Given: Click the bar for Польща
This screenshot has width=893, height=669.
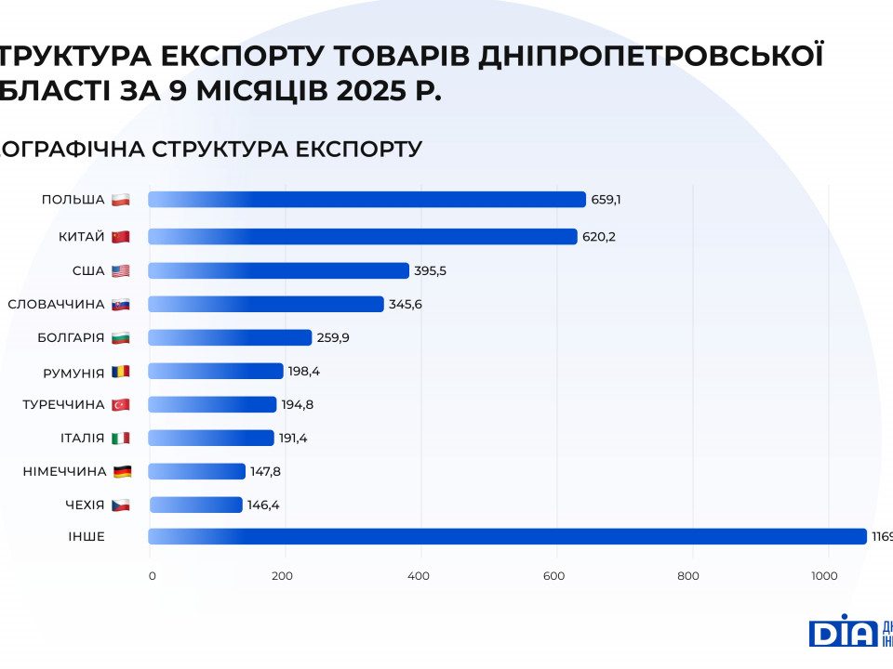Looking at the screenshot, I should [x=367, y=200].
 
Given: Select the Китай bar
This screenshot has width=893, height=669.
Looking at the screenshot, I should [x=363, y=237].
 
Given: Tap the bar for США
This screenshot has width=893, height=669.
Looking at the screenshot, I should [x=278, y=270].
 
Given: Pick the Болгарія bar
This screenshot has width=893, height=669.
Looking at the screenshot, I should [x=230, y=337].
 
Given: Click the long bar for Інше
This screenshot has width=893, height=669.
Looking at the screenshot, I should [x=507, y=536].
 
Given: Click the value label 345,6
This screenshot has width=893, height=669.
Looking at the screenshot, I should [x=405, y=304].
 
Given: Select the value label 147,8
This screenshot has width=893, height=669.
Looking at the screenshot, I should [x=266, y=471].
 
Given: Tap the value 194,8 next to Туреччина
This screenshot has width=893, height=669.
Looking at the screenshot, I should [x=297, y=404].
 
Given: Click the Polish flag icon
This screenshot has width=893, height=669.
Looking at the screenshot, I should [x=120, y=200].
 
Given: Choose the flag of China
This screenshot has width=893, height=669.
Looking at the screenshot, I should [x=120, y=237].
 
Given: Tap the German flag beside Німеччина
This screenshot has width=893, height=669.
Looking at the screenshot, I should [x=122, y=471].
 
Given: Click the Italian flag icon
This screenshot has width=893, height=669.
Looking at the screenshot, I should [x=120, y=438].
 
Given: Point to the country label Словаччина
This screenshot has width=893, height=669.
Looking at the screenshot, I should [x=56, y=304].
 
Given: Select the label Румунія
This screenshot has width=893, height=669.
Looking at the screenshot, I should [x=73, y=372].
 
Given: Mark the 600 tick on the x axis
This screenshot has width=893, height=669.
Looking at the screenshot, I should [x=553, y=576].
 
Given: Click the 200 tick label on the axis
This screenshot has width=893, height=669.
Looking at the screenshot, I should [x=282, y=576].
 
